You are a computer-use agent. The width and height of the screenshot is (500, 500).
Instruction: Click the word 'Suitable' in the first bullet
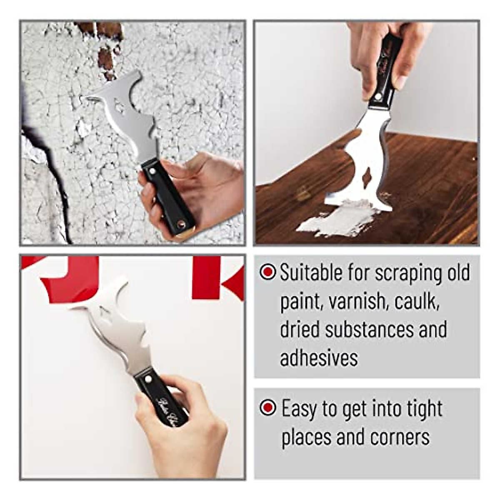(305, 273)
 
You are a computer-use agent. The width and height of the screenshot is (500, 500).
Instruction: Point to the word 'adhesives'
(319, 358)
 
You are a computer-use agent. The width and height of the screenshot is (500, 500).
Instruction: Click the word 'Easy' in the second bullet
(297, 409)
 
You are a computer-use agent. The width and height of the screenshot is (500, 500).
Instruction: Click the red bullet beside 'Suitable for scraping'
(267, 272)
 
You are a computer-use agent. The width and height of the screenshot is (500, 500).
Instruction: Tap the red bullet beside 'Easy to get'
(267, 407)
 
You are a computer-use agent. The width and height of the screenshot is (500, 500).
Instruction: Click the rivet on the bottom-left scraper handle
(147, 379)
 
